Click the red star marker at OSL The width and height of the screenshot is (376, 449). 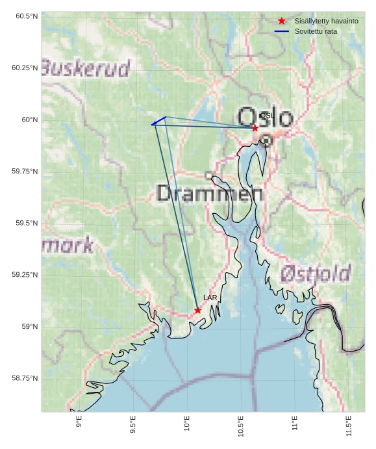coord(255,128)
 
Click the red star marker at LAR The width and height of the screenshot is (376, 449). coord(197,311)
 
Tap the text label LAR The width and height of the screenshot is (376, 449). coord(210,298)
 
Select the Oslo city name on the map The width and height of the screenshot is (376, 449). coord(266,118)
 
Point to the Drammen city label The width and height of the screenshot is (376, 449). coord(210,193)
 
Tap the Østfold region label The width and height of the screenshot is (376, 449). coord(316,274)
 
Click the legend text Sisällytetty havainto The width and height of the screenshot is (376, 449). coord(326,21)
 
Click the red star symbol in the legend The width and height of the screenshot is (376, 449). coord(281,21)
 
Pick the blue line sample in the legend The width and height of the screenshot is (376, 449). coord(281,31)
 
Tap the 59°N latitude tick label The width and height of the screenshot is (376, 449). coord(29,327)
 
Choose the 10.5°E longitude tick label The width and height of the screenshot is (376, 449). coord(241,426)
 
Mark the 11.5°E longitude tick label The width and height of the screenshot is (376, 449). coord(349,426)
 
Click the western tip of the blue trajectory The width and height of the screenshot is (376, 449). coord(152,124)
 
